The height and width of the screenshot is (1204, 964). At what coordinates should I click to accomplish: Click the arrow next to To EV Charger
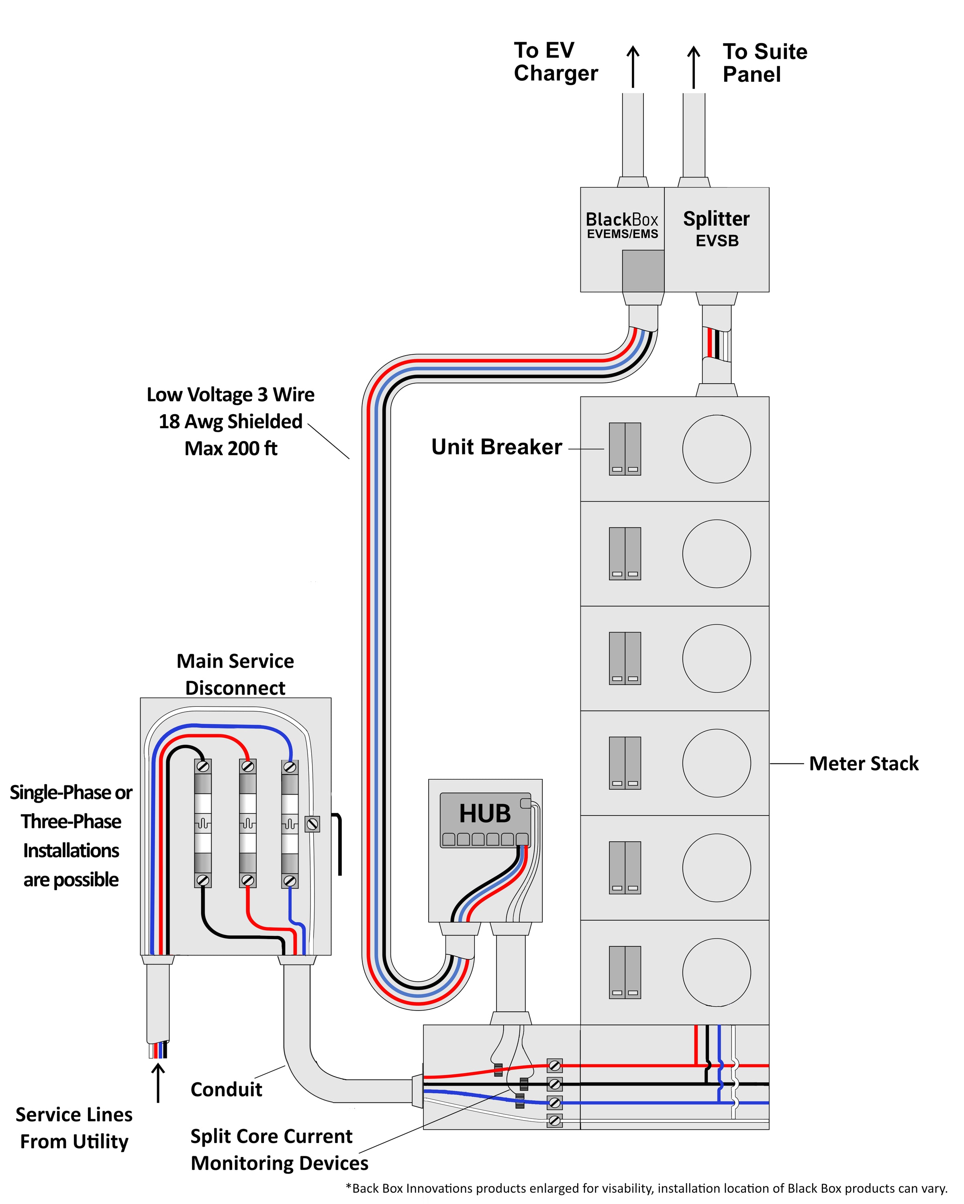[x=633, y=67]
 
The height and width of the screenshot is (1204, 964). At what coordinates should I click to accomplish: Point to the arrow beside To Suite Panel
[x=694, y=67]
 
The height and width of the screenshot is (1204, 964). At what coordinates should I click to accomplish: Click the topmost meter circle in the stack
[x=717, y=449]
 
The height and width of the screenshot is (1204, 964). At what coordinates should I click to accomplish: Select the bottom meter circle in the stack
[x=717, y=973]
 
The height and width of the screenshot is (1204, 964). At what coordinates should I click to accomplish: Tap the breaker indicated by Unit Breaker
[x=625, y=449]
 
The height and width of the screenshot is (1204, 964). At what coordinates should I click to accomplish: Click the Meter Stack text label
[x=864, y=763]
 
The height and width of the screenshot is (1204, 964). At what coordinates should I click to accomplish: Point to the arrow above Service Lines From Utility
[x=159, y=1083]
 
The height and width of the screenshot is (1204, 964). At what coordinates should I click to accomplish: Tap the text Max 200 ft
[x=231, y=448]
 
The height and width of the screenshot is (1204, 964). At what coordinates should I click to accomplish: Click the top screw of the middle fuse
[x=247, y=767]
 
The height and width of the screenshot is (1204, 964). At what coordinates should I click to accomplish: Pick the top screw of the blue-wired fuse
[x=290, y=767]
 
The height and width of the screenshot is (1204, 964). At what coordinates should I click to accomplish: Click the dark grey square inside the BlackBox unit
[x=643, y=271]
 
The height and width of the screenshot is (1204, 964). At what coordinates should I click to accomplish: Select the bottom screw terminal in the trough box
[x=554, y=1120]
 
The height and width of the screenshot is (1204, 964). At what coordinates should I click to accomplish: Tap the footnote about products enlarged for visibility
[x=647, y=1188]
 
